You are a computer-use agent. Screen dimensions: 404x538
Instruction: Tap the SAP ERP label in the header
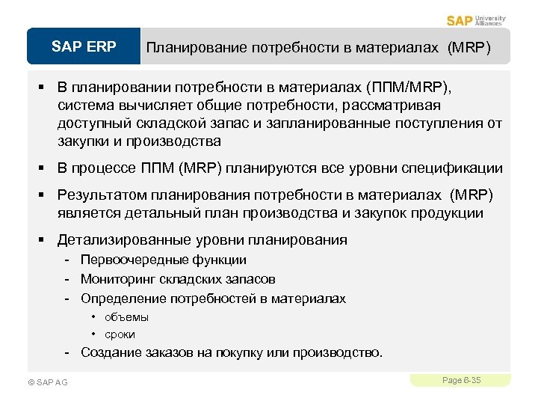[x=84, y=47]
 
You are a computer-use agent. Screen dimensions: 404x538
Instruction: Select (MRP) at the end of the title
[x=469, y=48]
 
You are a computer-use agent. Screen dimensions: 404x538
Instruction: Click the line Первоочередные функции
[x=163, y=260]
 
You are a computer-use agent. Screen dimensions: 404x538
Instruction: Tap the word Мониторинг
[x=116, y=279]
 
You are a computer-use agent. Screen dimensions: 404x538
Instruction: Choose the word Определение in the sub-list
[x=119, y=299]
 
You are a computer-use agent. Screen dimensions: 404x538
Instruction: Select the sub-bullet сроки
[x=120, y=334]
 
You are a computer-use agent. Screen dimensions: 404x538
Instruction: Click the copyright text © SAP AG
[x=47, y=382]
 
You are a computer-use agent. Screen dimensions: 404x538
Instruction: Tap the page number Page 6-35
[x=461, y=381]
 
